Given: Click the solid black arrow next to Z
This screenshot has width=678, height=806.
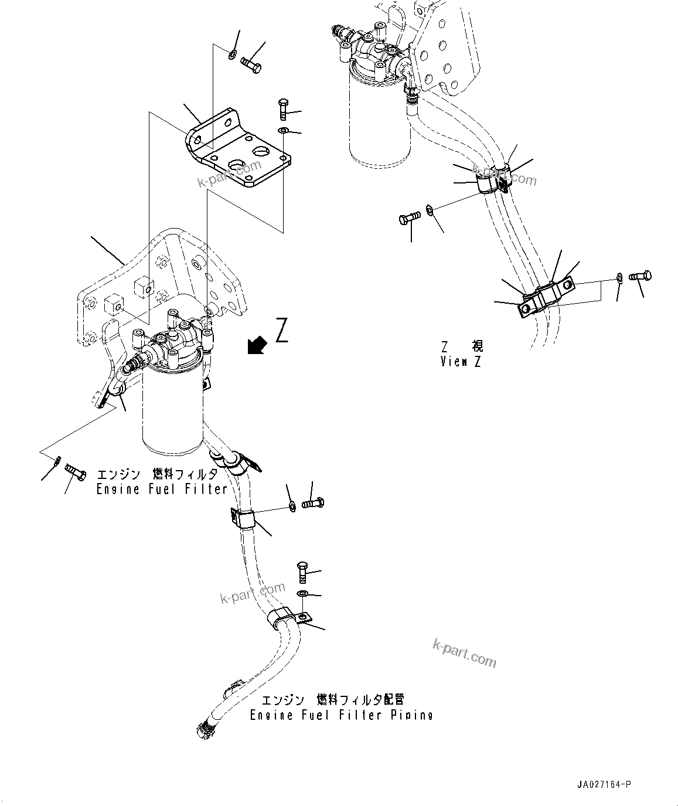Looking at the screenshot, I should pos(256,346).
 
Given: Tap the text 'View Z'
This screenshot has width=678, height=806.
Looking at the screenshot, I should pos(461,362).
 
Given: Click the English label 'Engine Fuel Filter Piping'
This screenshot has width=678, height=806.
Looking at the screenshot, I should pos(341,715).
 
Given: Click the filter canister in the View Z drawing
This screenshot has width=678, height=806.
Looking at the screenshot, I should pos(375,117).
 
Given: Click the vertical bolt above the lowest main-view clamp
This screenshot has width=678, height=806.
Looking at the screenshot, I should pos(302,571).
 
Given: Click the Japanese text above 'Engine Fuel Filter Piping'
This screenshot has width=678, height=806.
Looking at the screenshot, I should pos(332,700).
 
